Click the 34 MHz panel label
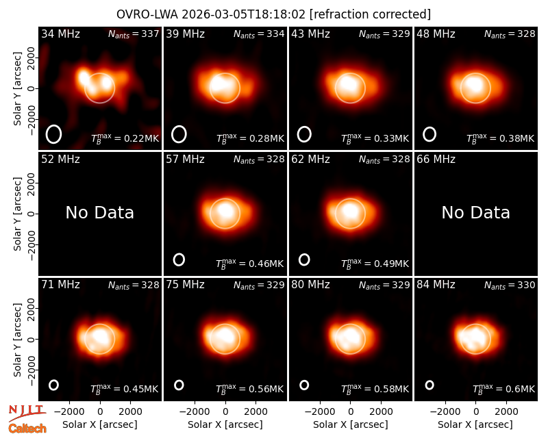tap(60, 34)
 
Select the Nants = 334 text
tap(259, 34)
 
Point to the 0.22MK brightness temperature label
tap(125, 138)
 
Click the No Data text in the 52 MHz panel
tap(99, 212)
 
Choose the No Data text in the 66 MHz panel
tap(475, 212)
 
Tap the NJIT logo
tap(27, 412)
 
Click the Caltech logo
tap(27, 429)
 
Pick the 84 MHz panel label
tap(436, 285)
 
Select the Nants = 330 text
tap(510, 285)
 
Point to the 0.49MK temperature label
tap(375, 264)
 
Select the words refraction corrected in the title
tap(370, 14)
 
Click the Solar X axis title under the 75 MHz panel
tap(225, 424)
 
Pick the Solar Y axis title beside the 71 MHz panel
tap(17, 340)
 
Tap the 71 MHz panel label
tap(60, 285)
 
